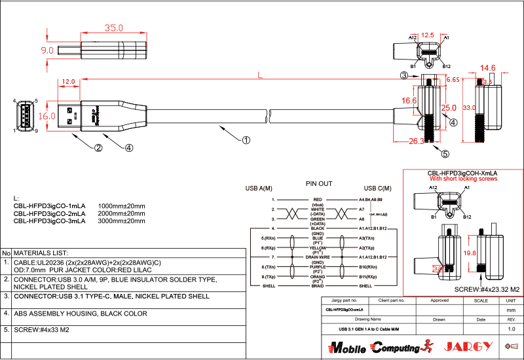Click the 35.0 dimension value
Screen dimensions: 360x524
coord(114,28)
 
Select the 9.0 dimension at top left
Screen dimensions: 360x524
coord(47,50)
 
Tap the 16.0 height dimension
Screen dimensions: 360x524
coord(47,116)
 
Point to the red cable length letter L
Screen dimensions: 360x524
coord(260,75)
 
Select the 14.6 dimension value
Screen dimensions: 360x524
coord(488,67)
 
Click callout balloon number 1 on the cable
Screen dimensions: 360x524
coord(246,139)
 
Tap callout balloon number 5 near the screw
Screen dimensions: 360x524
coord(445,154)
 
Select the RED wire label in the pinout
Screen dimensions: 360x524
coord(318,199)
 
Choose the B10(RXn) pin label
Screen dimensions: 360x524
coord(368,267)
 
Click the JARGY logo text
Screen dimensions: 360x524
coord(468,346)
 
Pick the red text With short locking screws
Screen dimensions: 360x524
coord(463,179)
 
